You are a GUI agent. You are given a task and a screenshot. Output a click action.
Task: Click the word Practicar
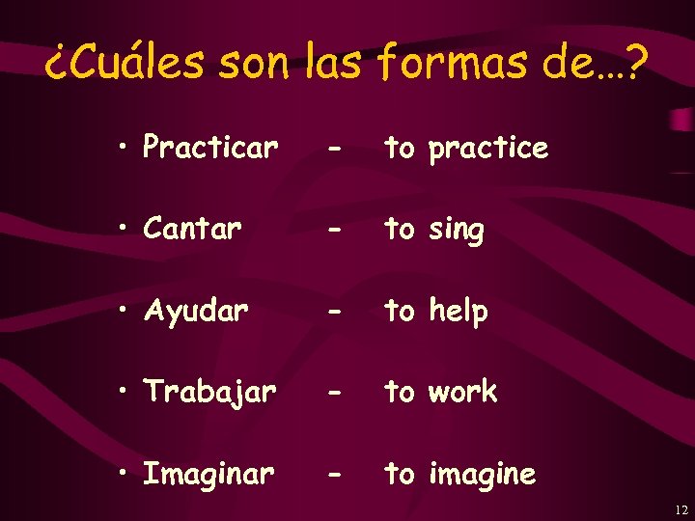pos(210,148)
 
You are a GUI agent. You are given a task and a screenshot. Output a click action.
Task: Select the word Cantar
pos(192,230)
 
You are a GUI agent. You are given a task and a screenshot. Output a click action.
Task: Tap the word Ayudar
pos(196,312)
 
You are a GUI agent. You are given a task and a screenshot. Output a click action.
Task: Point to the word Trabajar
pos(209,392)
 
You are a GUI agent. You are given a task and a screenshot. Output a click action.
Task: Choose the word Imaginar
pos(208,474)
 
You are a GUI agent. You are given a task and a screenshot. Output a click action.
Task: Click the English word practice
pos(488,149)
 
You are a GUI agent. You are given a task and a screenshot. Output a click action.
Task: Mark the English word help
pos(459,312)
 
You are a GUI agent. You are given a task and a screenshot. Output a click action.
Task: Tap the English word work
pos(463,392)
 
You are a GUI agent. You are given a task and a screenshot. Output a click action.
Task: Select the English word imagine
pos(482,474)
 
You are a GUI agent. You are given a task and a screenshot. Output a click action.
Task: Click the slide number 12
pos(681,509)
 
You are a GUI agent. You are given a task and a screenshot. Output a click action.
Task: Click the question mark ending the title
pos(636,64)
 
